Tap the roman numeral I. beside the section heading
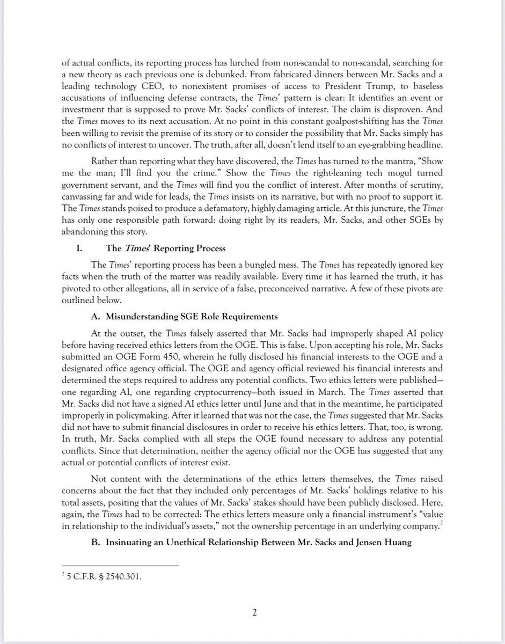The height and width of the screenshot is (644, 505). (x=82, y=248)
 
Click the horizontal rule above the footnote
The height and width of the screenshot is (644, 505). (x=120, y=565)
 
